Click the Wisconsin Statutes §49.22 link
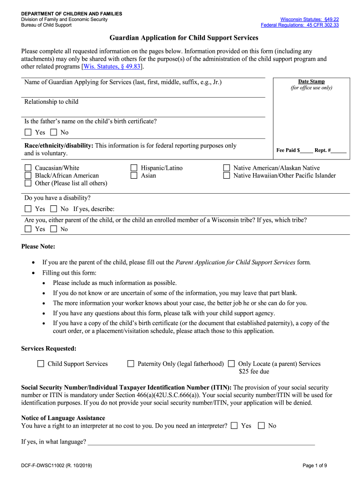click(309, 19)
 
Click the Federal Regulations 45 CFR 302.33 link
click(300, 25)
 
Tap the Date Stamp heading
click(311, 81)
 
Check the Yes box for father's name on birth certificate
click(28, 132)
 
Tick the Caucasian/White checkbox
click(28, 168)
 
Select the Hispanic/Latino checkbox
click(134, 168)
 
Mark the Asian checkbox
click(134, 175)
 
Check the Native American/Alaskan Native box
click(227, 168)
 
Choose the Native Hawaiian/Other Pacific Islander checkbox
click(227, 175)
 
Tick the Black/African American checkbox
click(28, 175)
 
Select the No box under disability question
click(53, 209)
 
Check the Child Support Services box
click(41, 363)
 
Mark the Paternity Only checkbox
click(130, 363)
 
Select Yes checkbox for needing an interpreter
click(234, 426)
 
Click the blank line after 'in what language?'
click(201, 442)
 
